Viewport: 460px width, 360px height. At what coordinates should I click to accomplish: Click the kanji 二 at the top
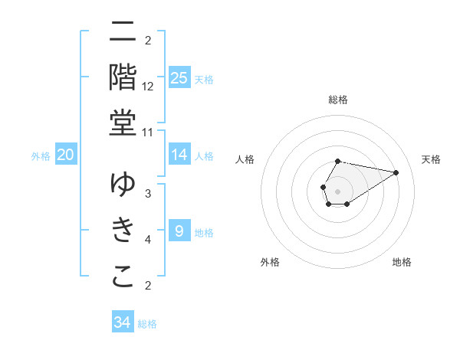tap(123, 32)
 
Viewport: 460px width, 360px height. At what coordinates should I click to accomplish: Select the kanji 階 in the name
tap(123, 77)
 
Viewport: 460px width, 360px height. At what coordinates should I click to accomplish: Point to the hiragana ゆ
tap(123, 185)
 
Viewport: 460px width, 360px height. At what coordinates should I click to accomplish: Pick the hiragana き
tap(123, 230)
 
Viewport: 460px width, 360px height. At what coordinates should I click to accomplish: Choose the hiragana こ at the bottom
tap(123, 277)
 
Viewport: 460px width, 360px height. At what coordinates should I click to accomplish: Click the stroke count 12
tap(148, 87)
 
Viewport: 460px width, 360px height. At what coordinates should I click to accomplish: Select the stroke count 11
tap(148, 132)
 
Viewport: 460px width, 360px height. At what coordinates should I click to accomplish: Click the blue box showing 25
tap(179, 77)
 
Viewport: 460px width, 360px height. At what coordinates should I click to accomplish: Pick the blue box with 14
tap(179, 155)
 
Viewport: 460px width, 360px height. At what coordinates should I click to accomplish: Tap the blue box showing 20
tap(66, 155)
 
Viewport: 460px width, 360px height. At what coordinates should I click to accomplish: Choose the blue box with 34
tap(122, 322)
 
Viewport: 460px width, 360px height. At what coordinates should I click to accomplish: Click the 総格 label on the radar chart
tap(338, 100)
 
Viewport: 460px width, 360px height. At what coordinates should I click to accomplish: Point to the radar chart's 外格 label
tap(270, 262)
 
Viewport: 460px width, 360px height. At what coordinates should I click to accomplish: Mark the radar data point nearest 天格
tap(396, 172)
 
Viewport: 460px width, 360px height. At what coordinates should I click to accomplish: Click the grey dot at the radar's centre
tap(338, 191)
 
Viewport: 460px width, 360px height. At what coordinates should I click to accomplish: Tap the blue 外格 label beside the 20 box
tap(41, 156)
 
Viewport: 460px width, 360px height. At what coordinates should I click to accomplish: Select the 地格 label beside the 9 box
tap(204, 233)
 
